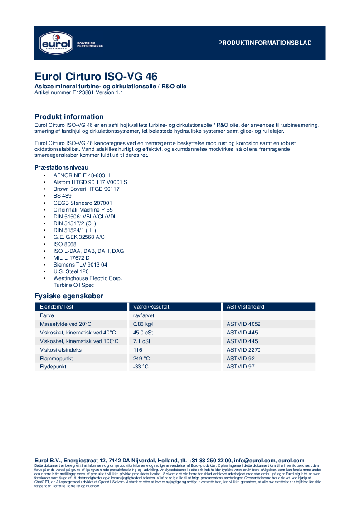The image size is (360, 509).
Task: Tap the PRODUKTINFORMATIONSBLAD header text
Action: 265,43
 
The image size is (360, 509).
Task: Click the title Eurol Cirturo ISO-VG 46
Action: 96,76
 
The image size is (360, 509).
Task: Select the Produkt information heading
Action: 69,117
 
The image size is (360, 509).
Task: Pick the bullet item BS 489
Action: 62,196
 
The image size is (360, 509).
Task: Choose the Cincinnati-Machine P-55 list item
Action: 83,210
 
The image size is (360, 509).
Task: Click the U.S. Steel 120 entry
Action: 71,271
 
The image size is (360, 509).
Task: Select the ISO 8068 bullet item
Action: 65,244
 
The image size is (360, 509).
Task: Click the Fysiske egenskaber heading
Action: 68,296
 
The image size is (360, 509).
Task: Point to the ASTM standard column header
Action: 245,307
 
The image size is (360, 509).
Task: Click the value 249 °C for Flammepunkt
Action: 141,358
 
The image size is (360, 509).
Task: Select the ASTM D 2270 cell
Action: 243,350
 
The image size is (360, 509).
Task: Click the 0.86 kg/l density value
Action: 143,324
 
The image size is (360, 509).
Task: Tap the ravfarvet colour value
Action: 145,315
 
